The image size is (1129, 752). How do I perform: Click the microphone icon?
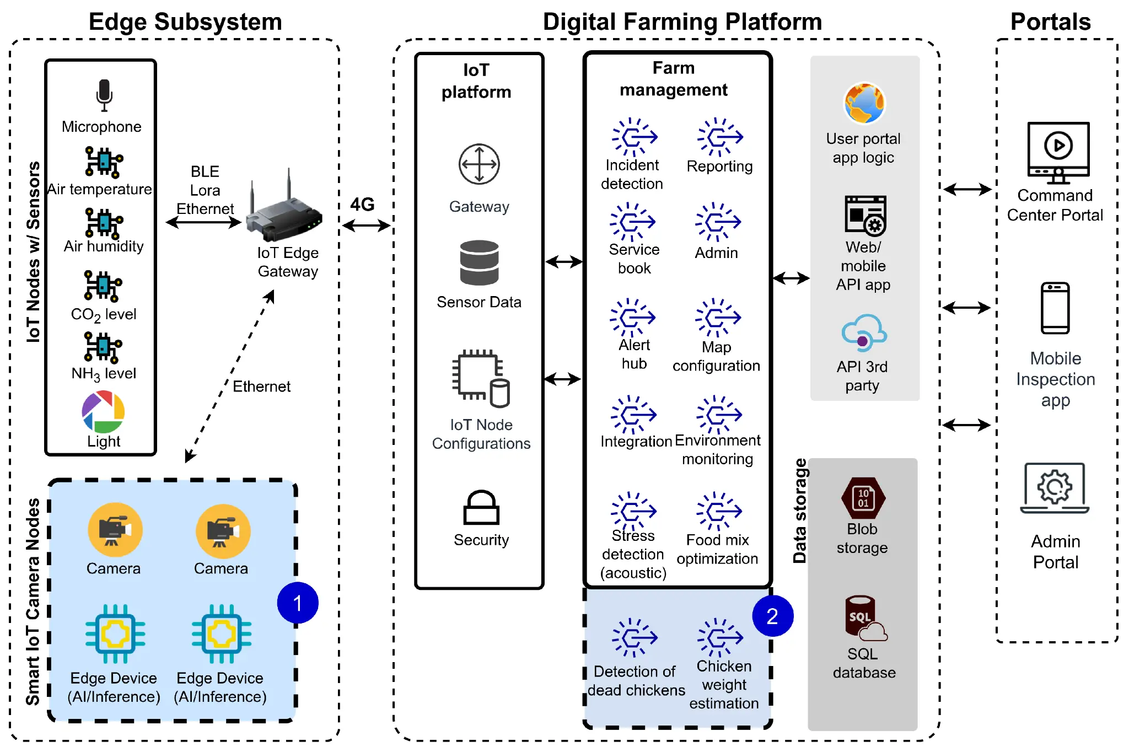click(104, 95)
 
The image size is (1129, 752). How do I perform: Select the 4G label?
click(362, 205)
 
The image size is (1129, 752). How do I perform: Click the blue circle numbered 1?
click(298, 603)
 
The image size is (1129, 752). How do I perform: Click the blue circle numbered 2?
click(772, 616)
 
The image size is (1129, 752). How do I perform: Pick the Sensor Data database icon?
click(479, 263)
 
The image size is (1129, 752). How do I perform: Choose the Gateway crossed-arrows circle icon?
click(479, 164)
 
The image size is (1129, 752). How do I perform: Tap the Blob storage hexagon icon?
click(863, 498)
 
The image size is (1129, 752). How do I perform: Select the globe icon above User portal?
click(864, 103)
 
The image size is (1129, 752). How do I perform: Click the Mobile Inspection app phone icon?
click(1055, 308)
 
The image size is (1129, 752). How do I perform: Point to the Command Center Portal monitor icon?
click(1058, 152)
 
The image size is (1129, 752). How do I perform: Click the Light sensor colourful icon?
click(103, 412)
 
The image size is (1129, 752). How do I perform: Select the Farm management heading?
click(673, 79)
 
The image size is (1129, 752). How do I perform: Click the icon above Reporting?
click(719, 137)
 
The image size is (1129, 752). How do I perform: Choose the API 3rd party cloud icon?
click(864, 333)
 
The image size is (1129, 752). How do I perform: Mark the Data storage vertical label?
click(800, 511)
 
